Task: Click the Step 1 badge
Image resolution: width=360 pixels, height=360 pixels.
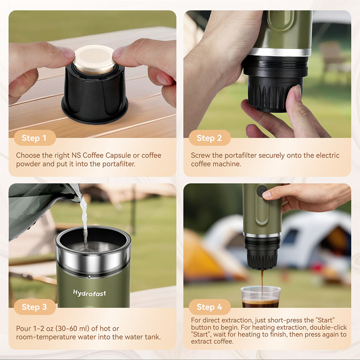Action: pos(34,138)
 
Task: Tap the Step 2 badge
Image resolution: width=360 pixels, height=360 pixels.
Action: pos(209,138)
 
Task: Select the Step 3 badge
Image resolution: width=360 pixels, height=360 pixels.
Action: pos(34,307)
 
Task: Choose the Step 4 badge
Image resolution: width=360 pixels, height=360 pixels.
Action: pos(209,307)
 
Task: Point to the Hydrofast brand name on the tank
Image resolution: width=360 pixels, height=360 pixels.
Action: pos(90,293)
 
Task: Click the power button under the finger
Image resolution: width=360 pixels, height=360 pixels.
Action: pos(261,192)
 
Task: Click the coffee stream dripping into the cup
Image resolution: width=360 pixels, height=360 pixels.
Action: pos(262,279)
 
